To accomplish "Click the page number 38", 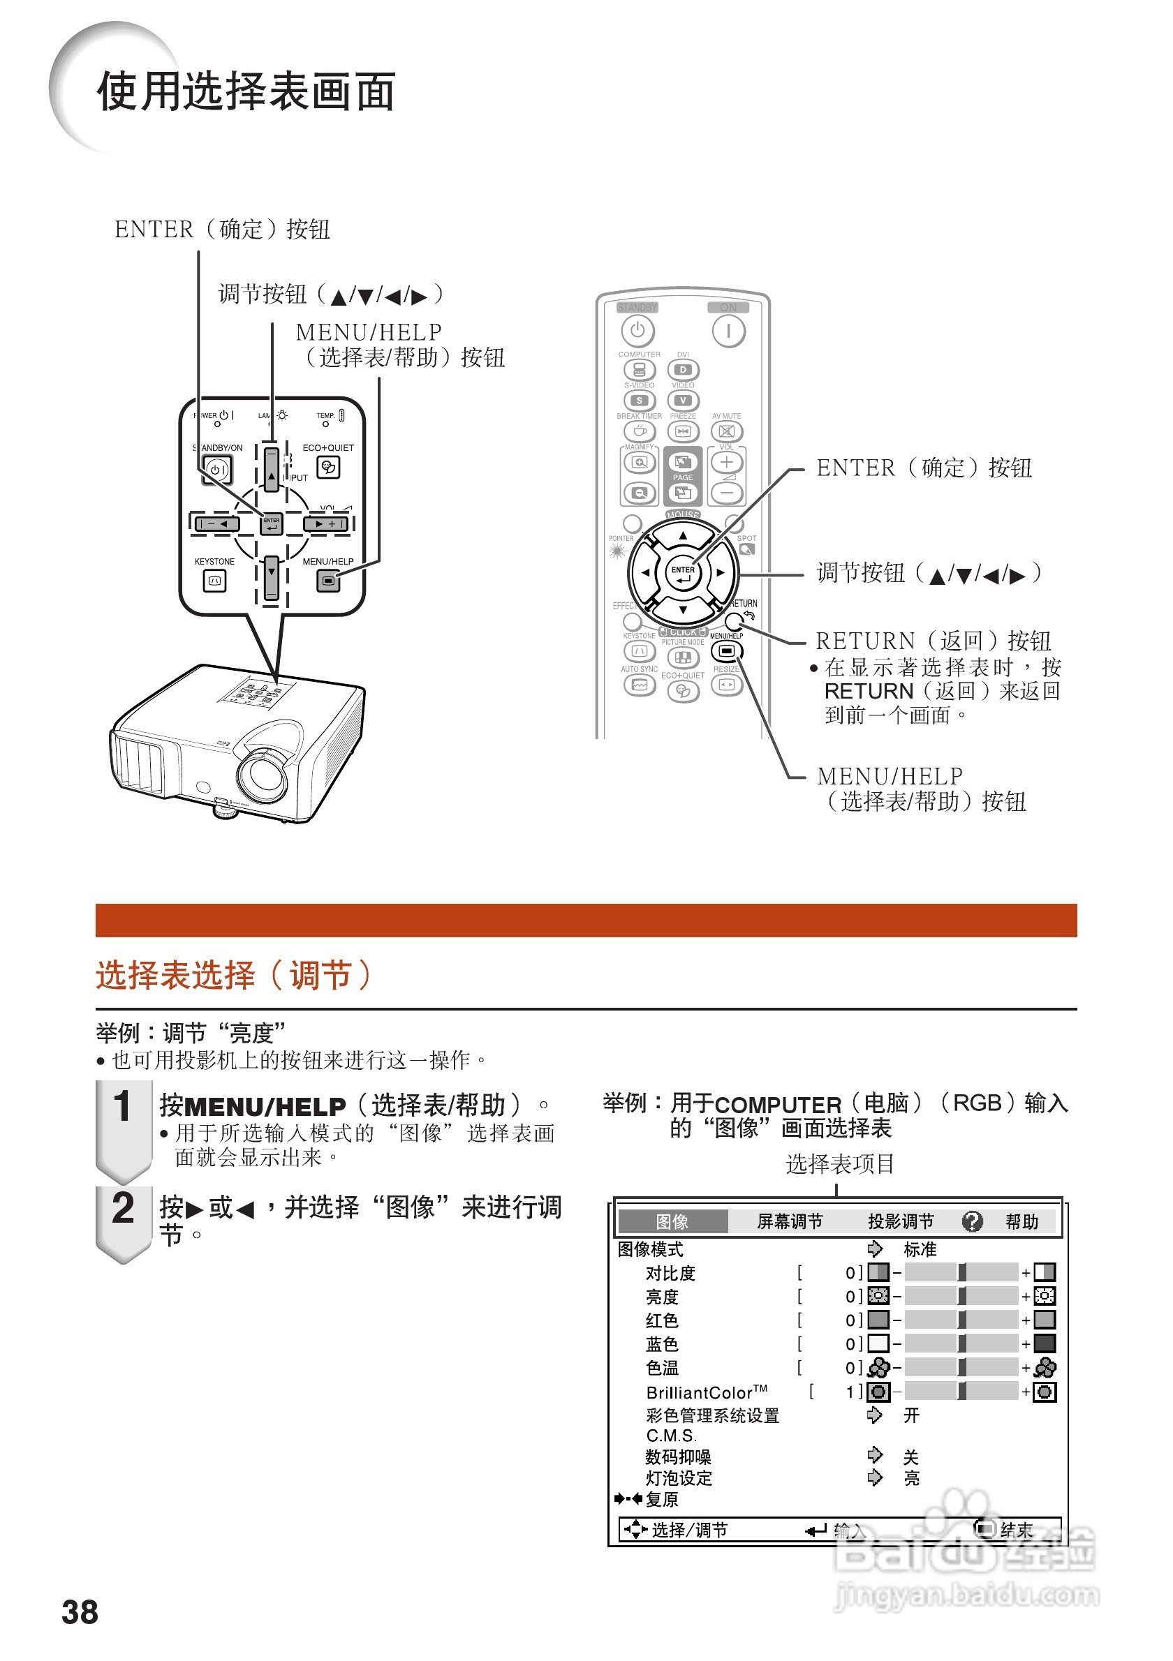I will (x=80, y=1612).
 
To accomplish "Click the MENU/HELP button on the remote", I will (x=727, y=651).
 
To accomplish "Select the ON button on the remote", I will (x=728, y=332).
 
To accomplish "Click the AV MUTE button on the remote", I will (x=727, y=432).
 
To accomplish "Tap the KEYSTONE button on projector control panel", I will (x=214, y=580).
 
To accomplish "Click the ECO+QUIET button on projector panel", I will (x=329, y=468).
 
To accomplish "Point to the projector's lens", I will (x=262, y=775).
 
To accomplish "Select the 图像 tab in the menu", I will (x=672, y=1222).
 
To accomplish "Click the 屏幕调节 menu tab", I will (x=790, y=1222).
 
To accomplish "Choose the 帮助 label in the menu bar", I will (x=1021, y=1222).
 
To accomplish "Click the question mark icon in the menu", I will (x=972, y=1222).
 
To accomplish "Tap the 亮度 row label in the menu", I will (x=661, y=1297).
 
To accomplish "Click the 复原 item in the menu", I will (x=661, y=1500).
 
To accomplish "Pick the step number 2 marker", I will (x=123, y=1209).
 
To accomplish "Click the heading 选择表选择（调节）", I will (x=233, y=975).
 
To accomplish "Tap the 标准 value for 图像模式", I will (x=919, y=1249).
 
